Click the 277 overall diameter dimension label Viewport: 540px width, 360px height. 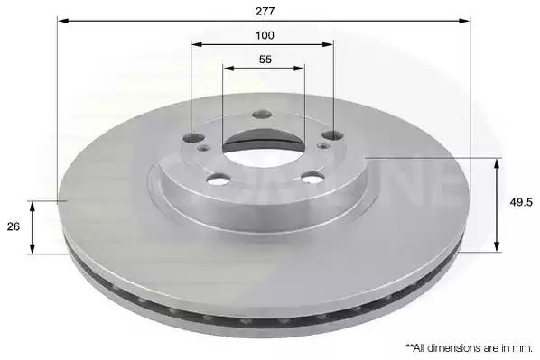coord(265,12)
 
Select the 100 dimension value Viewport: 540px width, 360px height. coord(265,35)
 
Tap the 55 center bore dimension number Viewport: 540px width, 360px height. coord(265,60)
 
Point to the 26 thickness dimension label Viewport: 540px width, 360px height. coord(14,226)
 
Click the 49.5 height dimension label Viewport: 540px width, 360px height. coord(521,203)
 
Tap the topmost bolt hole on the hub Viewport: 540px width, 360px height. coord(262,115)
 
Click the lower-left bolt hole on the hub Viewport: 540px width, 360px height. coord(219,180)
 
